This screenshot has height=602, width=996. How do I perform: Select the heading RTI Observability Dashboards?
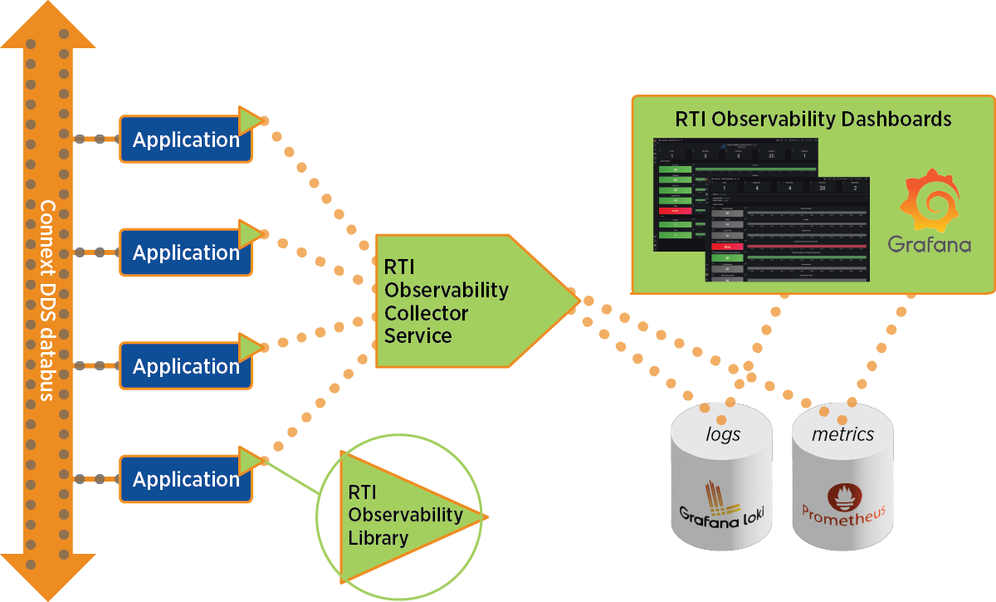(x=813, y=119)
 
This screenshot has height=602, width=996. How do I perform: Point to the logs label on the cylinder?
(x=722, y=434)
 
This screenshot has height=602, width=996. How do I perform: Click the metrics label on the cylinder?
(x=842, y=434)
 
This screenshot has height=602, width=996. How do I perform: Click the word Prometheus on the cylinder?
(x=843, y=514)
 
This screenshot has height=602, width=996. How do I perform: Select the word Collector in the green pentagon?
(x=426, y=314)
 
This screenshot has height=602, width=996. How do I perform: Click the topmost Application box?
(x=185, y=139)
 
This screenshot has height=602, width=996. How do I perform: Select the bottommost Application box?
(x=185, y=479)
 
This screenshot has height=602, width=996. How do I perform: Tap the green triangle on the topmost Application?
(x=249, y=121)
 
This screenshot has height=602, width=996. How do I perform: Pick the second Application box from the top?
(x=185, y=252)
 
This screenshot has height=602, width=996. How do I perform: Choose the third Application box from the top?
(x=185, y=366)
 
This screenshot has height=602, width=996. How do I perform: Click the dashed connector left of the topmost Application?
(x=98, y=139)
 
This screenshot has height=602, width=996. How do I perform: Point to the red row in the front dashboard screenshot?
(x=726, y=247)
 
